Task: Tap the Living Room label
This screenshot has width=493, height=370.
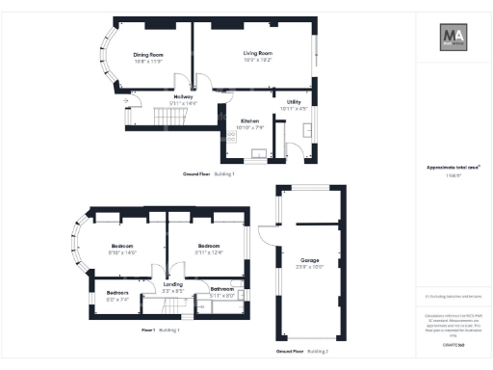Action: (257, 54)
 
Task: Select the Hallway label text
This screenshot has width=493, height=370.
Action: (184, 96)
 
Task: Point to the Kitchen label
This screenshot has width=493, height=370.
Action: (249, 120)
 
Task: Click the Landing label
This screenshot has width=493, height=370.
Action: (172, 284)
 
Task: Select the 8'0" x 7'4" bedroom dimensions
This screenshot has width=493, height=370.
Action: (117, 299)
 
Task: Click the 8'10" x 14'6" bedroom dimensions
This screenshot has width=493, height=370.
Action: (124, 252)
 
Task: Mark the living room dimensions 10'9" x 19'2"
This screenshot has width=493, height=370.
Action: (257, 61)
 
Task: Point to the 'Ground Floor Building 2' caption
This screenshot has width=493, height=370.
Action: (302, 352)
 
